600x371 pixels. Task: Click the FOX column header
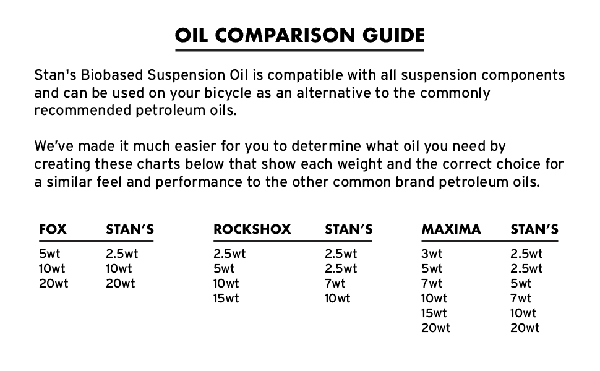53,229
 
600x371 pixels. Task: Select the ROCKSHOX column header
252,229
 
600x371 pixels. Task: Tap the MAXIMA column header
451,229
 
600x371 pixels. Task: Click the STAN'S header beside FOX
130,229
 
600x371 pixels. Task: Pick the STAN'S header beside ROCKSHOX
349,229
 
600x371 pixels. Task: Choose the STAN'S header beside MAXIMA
534,229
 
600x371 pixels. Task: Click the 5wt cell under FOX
49,254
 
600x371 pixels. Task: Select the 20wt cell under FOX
54,283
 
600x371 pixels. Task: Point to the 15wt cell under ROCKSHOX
226,298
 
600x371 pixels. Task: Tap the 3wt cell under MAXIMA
432,254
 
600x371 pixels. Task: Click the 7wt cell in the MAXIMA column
432,283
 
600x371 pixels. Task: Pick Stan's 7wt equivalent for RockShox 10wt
335,283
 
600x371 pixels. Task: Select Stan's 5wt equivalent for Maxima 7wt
521,283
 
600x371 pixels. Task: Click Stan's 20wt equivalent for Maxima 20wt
525,328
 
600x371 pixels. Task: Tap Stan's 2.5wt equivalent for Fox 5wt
122,254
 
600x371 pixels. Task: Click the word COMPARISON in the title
285,36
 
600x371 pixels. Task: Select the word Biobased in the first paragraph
112,75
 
